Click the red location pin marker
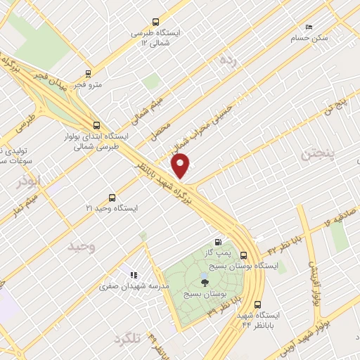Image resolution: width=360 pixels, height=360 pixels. pyautogui.click(x=181, y=165)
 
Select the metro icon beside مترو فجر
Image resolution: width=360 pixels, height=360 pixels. pyautogui.click(x=88, y=72)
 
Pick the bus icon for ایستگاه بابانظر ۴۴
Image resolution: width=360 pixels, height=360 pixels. pyautogui.click(x=257, y=304)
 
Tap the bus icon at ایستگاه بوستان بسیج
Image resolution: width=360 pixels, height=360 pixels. pyautogui.click(x=243, y=255)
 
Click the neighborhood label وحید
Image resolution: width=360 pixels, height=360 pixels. pyautogui.click(x=82, y=247)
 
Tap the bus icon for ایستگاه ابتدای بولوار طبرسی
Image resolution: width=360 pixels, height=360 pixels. pyautogui.click(x=96, y=125)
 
